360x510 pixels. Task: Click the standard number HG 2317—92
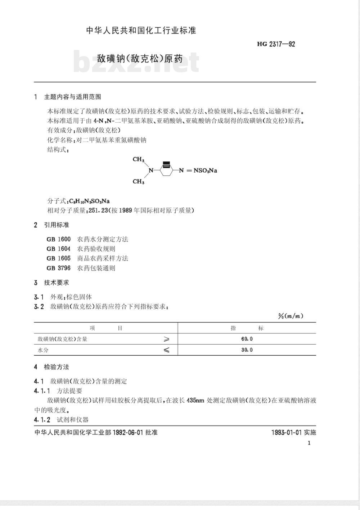click(276, 44)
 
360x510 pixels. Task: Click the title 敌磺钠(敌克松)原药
click(140, 58)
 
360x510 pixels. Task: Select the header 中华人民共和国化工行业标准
click(141, 31)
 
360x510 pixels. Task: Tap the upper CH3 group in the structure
click(139, 159)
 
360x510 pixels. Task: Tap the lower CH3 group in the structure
click(139, 182)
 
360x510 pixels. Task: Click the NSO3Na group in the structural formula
click(205, 170)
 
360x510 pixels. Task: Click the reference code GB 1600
click(59, 239)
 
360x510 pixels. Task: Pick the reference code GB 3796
click(59, 268)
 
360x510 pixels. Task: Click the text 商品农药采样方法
click(103, 258)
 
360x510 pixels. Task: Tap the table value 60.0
click(247, 339)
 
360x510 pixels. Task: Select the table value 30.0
click(247, 350)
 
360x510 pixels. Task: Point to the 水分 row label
click(43, 350)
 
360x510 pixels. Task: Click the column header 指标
click(247, 328)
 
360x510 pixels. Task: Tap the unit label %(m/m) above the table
click(291, 316)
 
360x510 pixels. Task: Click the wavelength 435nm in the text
click(195, 400)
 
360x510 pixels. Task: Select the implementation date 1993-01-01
click(286, 432)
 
